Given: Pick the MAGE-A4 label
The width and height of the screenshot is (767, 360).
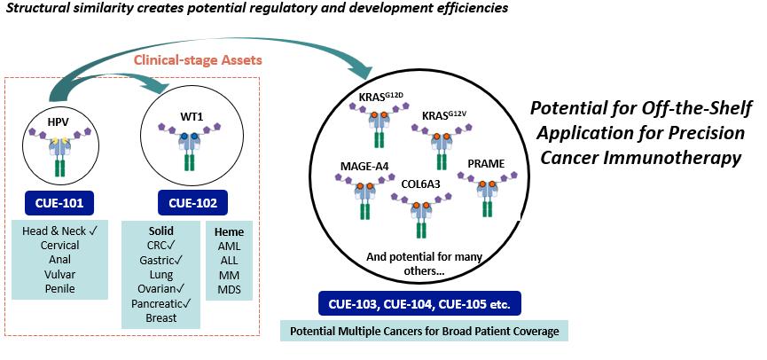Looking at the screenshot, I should pos(364,166).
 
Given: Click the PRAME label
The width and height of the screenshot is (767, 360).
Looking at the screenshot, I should pos(486,164).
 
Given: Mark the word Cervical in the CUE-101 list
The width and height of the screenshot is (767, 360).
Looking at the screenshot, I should pos(59,245).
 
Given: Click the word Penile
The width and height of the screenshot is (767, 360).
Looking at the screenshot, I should pos(59,288).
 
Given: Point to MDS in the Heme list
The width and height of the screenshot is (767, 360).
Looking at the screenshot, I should pos(228,288).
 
